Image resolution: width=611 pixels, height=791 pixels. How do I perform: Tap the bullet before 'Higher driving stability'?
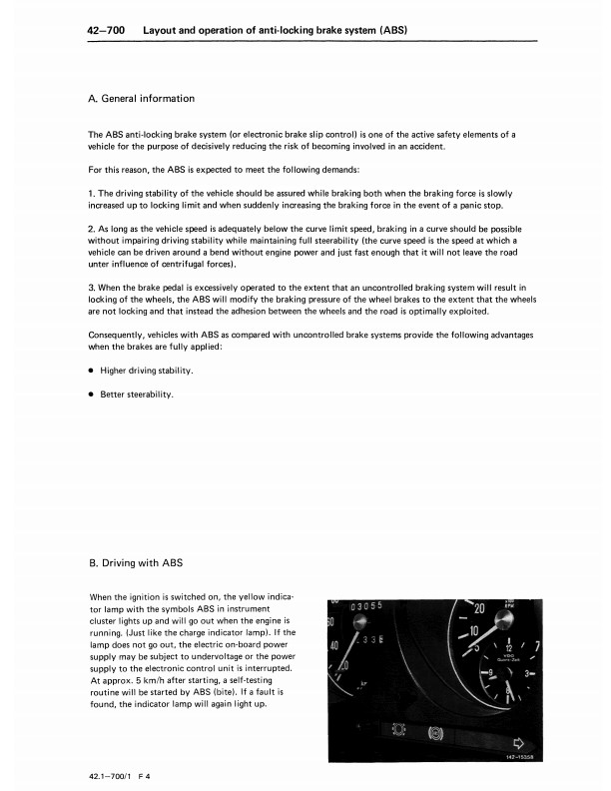tap(92, 371)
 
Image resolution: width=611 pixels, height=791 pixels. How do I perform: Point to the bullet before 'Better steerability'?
tap(92, 394)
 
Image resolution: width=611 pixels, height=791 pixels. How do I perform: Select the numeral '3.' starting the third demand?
tap(93, 288)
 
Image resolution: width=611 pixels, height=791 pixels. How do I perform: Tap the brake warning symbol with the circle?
tap(435, 731)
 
